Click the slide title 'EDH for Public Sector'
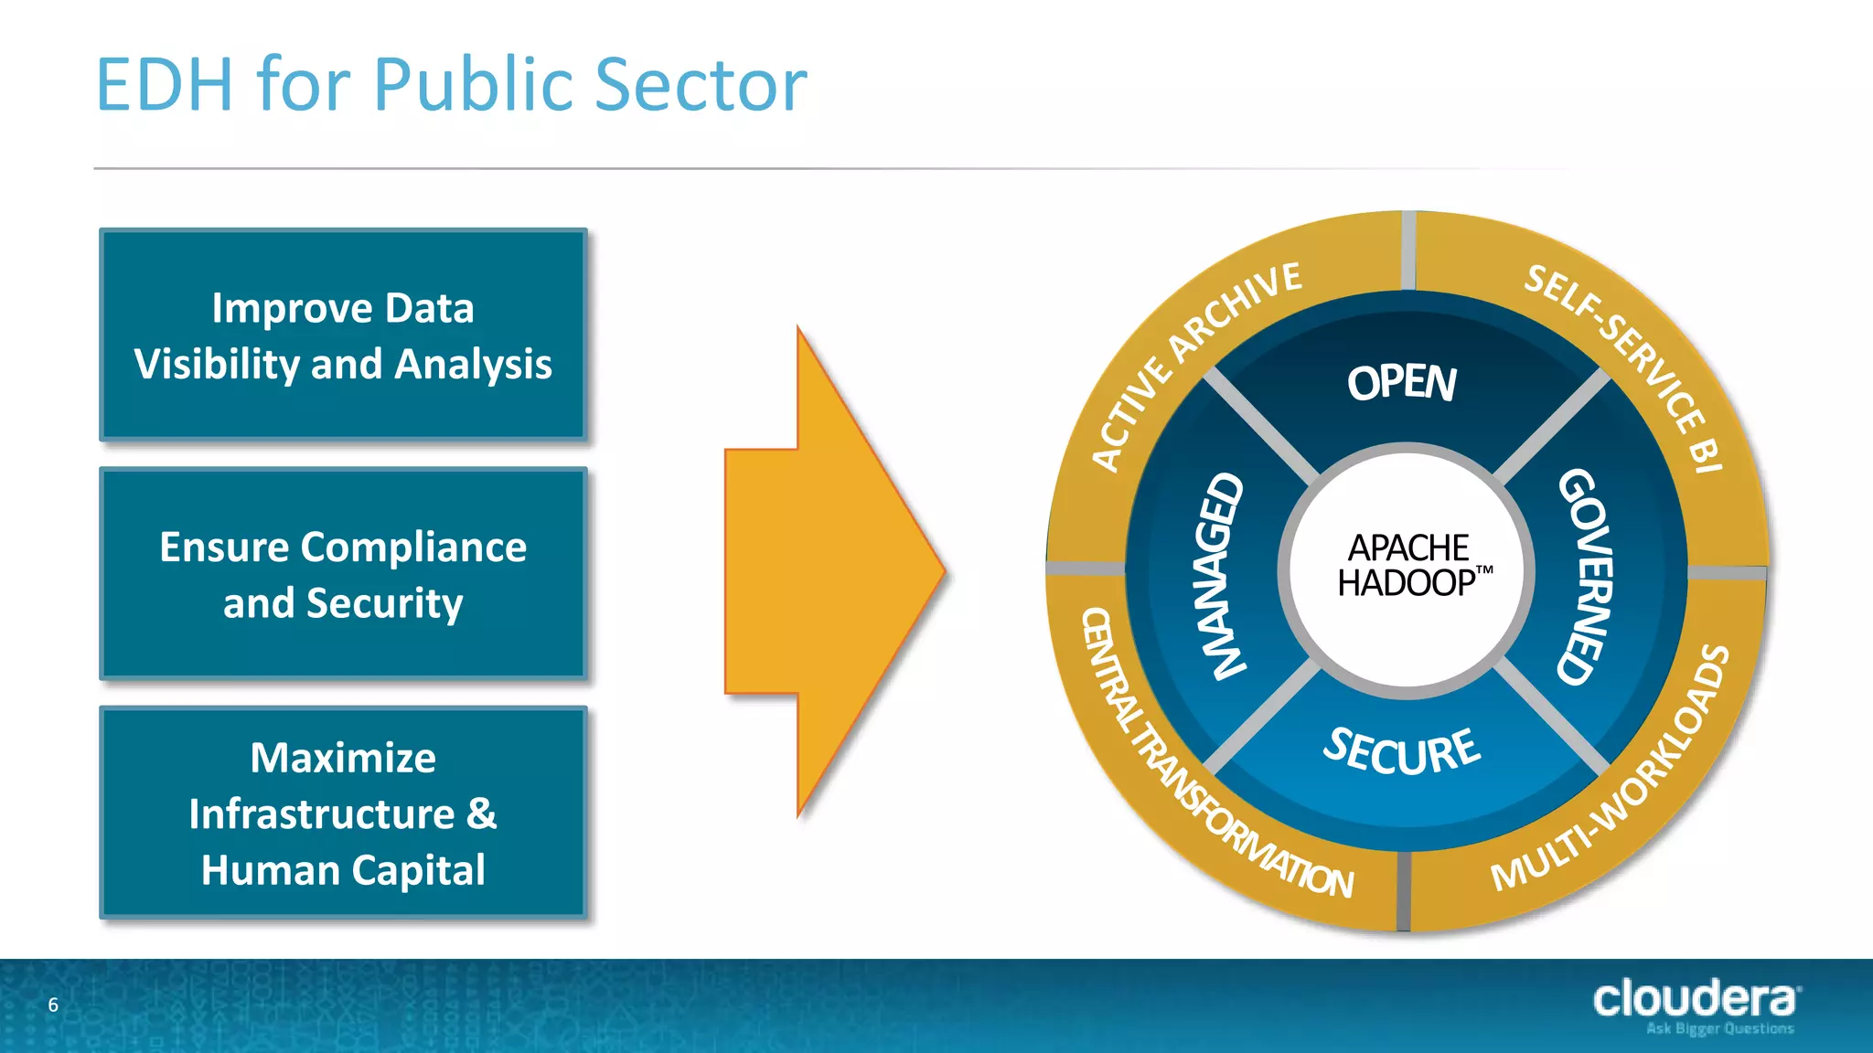pyautogui.click(x=452, y=85)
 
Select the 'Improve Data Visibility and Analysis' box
pyautogui.click(x=343, y=335)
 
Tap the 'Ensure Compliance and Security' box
pyautogui.click(x=343, y=574)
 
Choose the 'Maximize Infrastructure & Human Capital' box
pyautogui.click(x=343, y=813)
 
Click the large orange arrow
pyautogui.click(x=832, y=571)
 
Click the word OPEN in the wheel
pyautogui.click(x=1401, y=383)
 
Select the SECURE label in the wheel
pyautogui.click(x=1401, y=751)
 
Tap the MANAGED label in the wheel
pyautogui.click(x=1221, y=576)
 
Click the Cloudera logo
pyautogui.click(x=1695, y=998)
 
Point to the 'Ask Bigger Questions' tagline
pyautogui.click(x=1719, y=1029)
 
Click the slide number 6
pyautogui.click(x=53, y=1005)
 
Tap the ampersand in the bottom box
pyautogui.click(x=482, y=814)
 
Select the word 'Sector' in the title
pyautogui.click(x=701, y=85)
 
